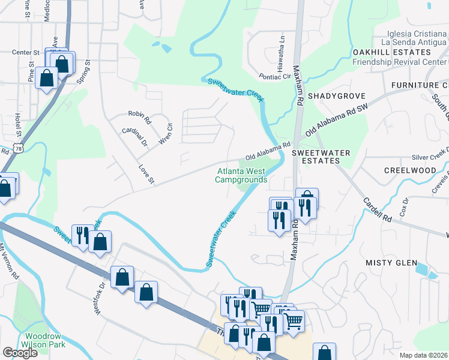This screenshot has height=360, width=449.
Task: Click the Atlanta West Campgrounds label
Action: coord(241,175)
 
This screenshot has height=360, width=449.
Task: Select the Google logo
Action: coord(20,353)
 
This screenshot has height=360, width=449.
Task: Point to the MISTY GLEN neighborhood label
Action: coord(391,263)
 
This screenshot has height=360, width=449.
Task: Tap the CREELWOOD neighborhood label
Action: coord(410,170)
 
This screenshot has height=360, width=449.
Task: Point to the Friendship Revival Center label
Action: coord(400,62)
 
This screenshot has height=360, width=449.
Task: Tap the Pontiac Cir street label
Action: coord(274,77)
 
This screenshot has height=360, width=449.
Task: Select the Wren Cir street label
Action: coord(165,135)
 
